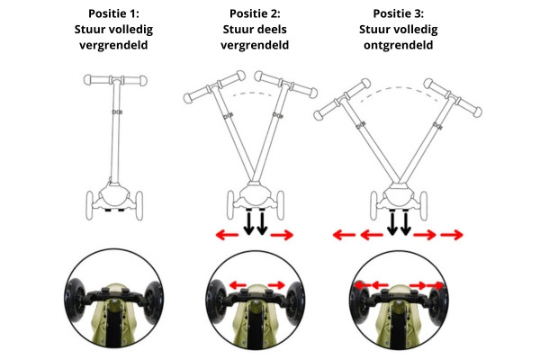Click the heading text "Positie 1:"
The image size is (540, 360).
pyautogui.click(x=113, y=13)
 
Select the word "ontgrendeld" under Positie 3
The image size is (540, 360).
pyautogui.click(x=398, y=45)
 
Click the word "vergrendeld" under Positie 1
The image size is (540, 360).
pyautogui.click(x=113, y=45)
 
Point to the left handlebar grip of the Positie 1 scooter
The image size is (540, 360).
pyautogui.click(x=96, y=79)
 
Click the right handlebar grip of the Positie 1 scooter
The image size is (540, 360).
pyautogui.click(x=135, y=81)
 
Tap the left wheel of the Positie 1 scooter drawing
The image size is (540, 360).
pyautogui.click(x=89, y=205)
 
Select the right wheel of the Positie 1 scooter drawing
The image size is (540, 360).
pyautogui.click(x=139, y=206)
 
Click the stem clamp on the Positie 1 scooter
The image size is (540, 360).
pyautogui.click(x=117, y=112)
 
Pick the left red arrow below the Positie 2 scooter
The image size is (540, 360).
pyautogui.click(x=227, y=235)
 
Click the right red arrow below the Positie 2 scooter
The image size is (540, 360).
pyautogui.click(x=282, y=235)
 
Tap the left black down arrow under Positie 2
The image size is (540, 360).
pyautogui.click(x=248, y=223)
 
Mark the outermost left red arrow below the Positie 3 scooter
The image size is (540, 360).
pyautogui.click(x=344, y=235)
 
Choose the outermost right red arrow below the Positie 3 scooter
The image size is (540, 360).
pyautogui.click(x=452, y=235)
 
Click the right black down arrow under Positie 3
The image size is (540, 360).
pyautogui.click(x=406, y=223)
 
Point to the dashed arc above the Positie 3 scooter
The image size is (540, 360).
pyautogui.click(x=400, y=88)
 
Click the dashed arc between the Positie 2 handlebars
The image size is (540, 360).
pyautogui.click(x=254, y=93)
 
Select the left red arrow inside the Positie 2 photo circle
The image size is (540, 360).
pyautogui.click(x=238, y=285)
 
